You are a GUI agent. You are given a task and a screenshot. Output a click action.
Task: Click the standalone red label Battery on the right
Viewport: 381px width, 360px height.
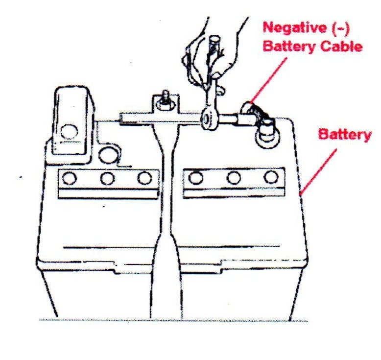click(344, 135)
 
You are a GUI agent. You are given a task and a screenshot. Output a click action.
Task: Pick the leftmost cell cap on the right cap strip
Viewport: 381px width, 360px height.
click(196, 177)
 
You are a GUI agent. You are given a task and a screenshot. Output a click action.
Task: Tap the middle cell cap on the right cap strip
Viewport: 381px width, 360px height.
click(234, 177)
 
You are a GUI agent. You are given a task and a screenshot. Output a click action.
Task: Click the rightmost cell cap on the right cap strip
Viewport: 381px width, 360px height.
click(270, 177)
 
